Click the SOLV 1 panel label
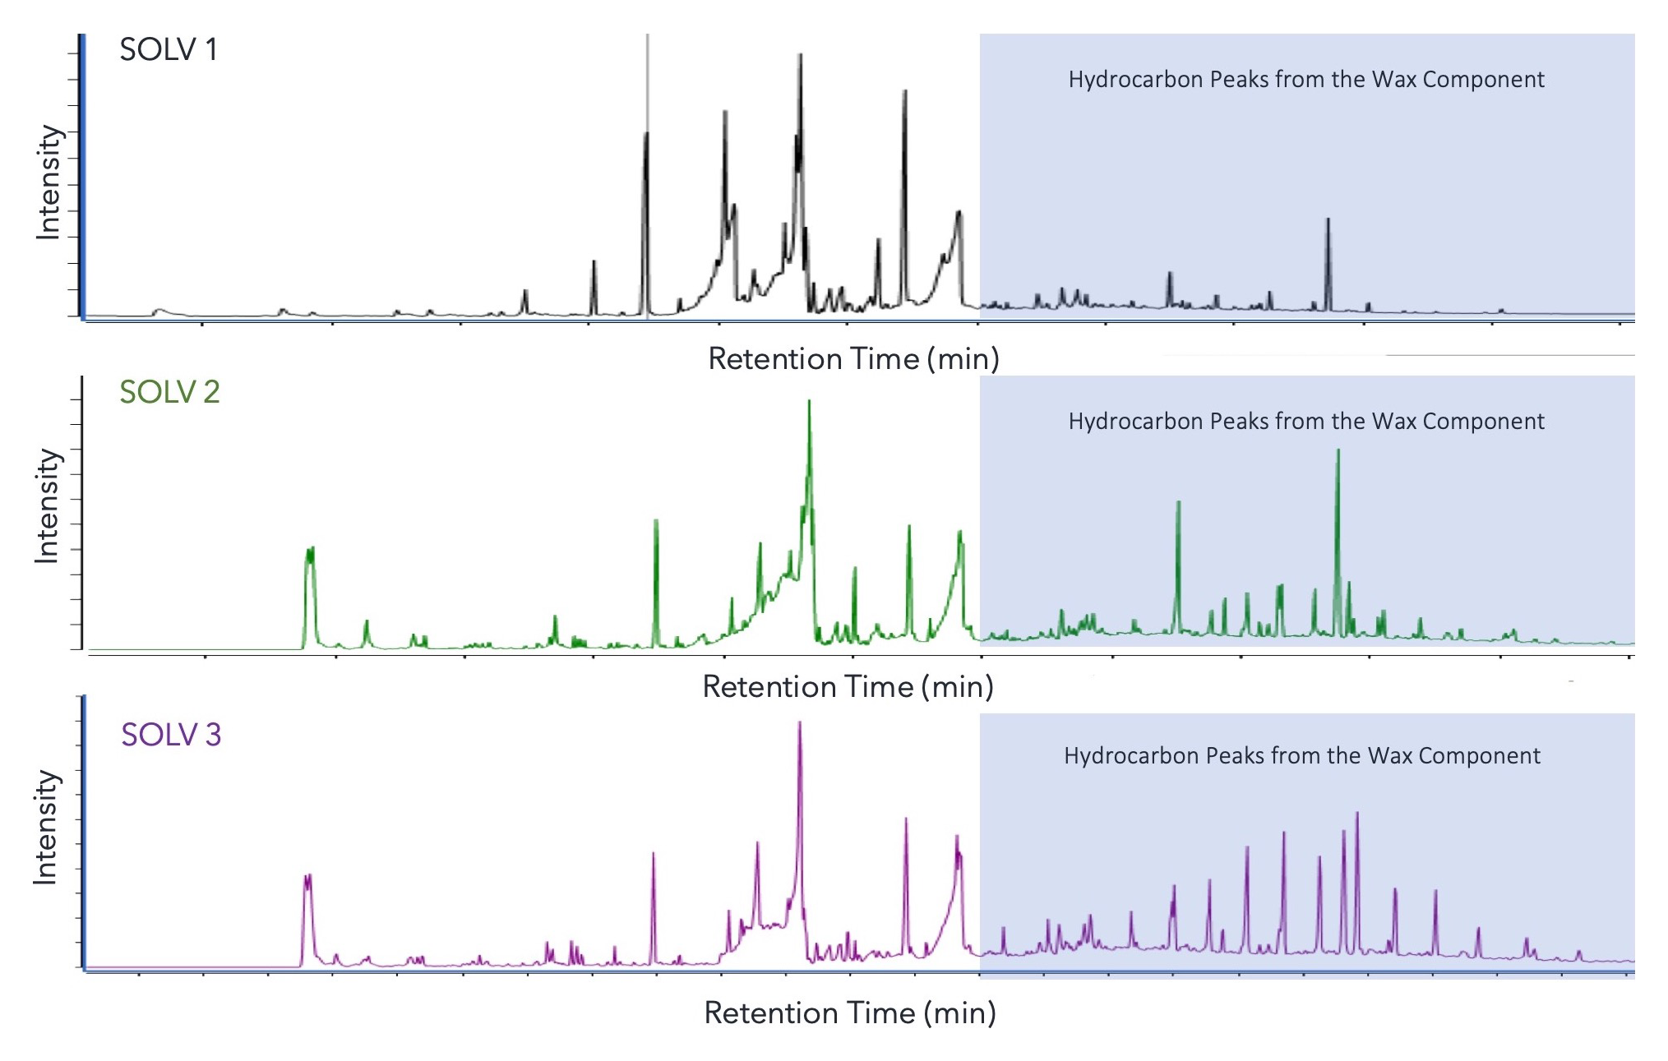tap(169, 50)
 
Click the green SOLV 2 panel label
tap(169, 392)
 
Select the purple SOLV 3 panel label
tap(171, 735)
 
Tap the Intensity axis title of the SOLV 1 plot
tap(49, 182)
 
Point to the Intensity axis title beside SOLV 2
tap(47, 506)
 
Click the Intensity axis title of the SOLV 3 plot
tap(45, 828)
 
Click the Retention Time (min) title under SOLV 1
tap(853, 359)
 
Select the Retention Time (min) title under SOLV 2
tap(848, 687)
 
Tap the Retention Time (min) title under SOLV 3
tap(850, 1013)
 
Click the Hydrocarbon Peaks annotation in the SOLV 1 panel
tap(1305, 80)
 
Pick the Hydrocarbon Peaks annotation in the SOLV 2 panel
tap(1305, 422)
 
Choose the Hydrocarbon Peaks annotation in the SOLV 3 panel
tap(1301, 756)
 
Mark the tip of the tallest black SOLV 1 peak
tap(800, 56)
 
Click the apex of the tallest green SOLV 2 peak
tap(809, 402)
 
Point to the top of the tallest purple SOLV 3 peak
tap(799, 723)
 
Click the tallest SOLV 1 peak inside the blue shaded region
tap(1328, 219)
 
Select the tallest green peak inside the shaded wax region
tap(1338, 450)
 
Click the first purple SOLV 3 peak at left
tap(307, 877)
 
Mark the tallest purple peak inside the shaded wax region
tap(1356, 814)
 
